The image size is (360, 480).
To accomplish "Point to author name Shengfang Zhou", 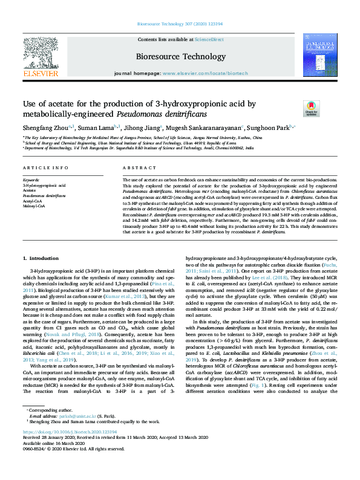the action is pos(45,128).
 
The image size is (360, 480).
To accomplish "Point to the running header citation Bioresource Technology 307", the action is pos(180,24).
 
